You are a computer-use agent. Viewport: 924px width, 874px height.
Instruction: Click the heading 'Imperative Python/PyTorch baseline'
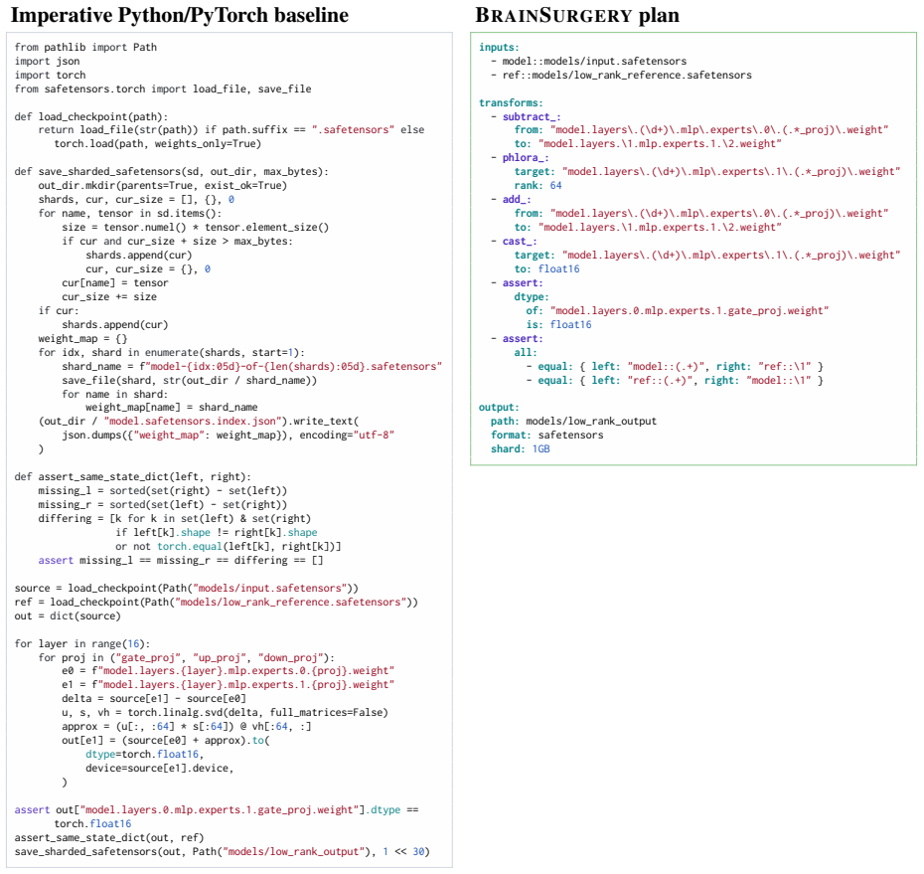point(180,15)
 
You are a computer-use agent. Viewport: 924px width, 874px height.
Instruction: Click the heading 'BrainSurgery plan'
point(577,15)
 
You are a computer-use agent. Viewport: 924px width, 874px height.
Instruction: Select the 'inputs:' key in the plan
point(499,47)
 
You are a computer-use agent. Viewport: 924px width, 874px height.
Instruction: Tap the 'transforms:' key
point(511,103)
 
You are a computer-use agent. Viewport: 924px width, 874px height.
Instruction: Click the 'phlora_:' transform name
point(526,158)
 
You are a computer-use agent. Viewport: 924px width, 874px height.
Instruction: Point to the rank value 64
point(555,186)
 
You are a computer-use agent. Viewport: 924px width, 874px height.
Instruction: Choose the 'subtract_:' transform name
point(532,116)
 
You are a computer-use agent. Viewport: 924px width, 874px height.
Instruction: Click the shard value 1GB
point(540,449)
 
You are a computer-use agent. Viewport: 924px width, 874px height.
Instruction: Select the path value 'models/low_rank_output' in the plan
point(591,421)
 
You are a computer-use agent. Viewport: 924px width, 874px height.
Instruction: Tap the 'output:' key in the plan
point(499,408)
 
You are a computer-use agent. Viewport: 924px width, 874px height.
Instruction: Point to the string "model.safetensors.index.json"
point(191,421)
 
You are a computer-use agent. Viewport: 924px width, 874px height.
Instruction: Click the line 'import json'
point(47,62)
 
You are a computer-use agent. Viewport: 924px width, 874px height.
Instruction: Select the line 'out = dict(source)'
point(68,616)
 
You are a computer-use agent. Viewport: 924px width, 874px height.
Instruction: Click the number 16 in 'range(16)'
point(134,644)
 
